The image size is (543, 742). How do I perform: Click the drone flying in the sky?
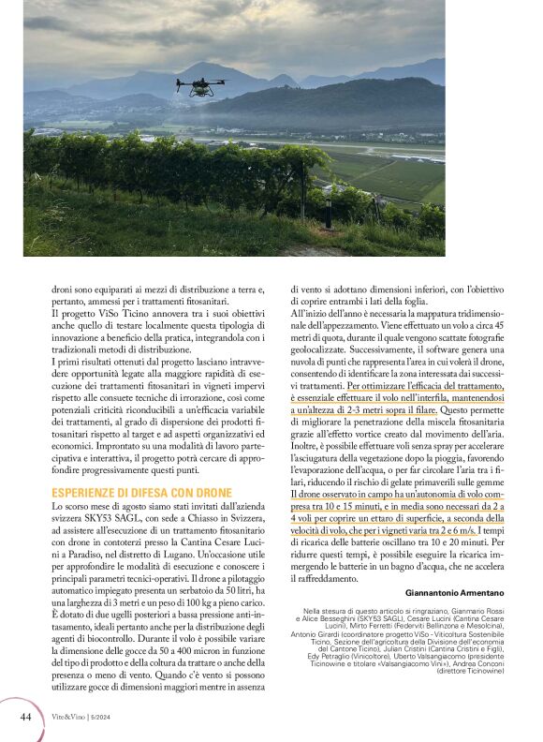click(x=198, y=85)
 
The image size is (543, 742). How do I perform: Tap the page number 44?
click(x=25, y=716)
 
